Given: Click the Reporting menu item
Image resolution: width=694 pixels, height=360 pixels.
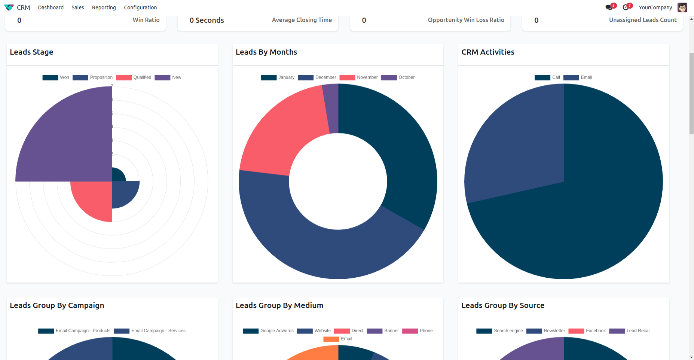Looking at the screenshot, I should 104,7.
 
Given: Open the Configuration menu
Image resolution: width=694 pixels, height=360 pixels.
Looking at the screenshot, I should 140,7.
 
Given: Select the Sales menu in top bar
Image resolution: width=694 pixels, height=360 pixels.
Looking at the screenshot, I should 78,7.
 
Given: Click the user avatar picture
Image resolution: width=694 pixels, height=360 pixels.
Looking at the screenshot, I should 682,7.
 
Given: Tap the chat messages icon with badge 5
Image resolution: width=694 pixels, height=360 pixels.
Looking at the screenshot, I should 609,7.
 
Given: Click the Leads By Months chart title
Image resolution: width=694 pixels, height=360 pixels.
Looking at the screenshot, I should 266,52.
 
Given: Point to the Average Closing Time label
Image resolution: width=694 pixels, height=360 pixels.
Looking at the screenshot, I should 302,20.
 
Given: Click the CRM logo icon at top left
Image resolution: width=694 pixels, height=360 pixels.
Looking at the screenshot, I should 9,7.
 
